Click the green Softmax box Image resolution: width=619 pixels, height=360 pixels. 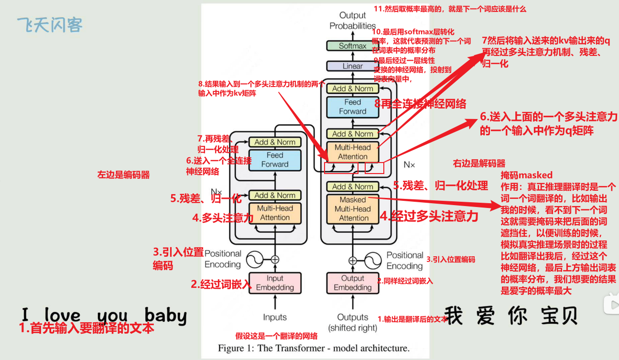(x=352, y=46)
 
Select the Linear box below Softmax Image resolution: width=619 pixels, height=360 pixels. (x=352, y=66)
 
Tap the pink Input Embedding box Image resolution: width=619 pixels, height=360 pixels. (x=275, y=283)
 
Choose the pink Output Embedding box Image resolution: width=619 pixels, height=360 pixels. (x=353, y=283)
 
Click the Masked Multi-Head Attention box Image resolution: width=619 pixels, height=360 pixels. (x=353, y=209)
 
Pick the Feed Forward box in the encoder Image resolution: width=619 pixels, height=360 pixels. (x=275, y=160)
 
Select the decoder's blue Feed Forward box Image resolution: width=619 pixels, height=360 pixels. (x=353, y=107)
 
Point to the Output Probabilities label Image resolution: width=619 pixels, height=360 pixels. (x=352, y=21)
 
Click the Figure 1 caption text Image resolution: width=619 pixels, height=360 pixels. (x=314, y=348)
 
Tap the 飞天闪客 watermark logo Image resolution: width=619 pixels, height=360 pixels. (x=50, y=24)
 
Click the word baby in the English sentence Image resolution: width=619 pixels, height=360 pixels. (x=165, y=316)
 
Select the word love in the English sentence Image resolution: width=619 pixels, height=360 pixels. (x=63, y=316)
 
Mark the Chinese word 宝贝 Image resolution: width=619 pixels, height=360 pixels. (x=559, y=316)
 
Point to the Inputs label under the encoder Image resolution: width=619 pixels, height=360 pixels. (x=275, y=317)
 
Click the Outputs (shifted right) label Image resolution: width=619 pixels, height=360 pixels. (x=353, y=322)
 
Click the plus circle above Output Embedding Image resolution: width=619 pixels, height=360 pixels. (x=353, y=261)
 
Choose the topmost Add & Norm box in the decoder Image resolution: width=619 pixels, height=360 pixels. (x=353, y=88)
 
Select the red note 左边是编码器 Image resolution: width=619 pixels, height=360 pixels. (x=123, y=175)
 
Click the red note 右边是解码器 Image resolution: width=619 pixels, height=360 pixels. (x=479, y=164)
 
